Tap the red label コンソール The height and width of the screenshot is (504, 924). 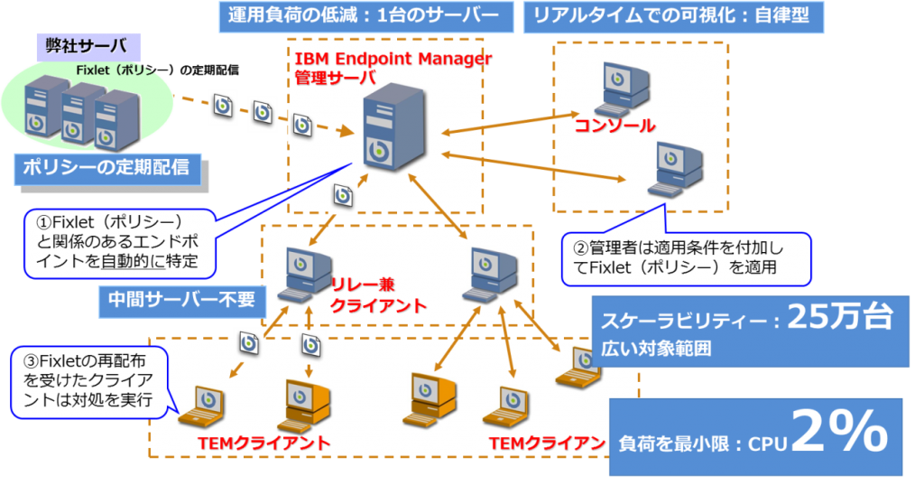tap(614, 126)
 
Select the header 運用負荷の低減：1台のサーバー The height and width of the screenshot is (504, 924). tap(365, 15)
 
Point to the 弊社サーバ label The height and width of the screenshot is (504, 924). tap(81, 45)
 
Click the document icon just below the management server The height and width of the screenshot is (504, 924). tap(343, 194)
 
